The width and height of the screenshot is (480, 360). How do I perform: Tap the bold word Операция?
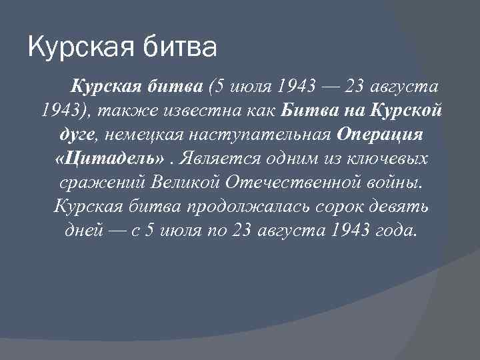[380, 133]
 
